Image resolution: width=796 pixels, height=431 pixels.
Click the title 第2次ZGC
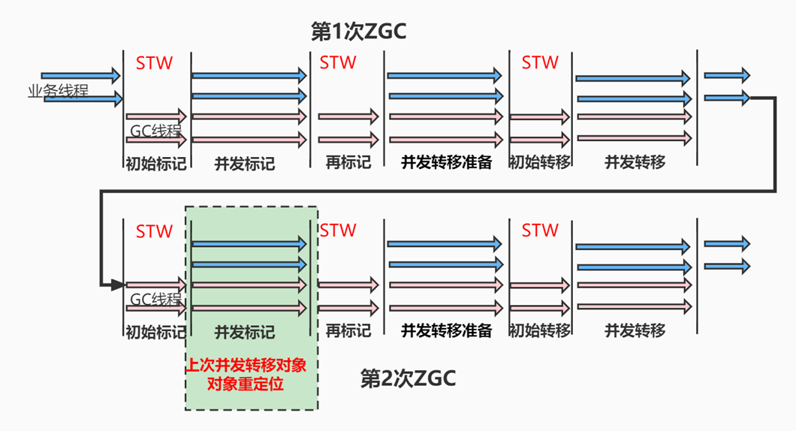click(408, 378)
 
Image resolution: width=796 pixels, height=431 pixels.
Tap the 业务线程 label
click(58, 92)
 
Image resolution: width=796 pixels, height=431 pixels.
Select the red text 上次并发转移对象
click(251, 366)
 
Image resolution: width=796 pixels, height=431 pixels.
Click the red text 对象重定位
click(251, 385)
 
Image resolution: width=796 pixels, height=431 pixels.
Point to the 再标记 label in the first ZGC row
click(348, 162)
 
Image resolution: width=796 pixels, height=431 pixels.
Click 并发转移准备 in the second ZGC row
click(446, 330)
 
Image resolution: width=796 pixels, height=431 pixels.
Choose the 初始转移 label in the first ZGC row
click(539, 162)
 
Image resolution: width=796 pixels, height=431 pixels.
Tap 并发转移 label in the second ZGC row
click(635, 330)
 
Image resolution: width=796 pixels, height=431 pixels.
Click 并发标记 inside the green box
click(245, 332)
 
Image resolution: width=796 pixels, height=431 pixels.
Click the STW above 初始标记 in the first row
click(154, 63)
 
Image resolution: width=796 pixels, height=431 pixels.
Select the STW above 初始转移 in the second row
click(540, 231)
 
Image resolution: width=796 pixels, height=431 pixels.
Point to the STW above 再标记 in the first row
click(338, 63)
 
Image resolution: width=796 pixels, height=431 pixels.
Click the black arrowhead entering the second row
click(117, 285)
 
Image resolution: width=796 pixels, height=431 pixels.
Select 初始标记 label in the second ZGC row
click(155, 332)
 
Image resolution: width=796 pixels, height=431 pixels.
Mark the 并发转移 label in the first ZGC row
click(635, 162)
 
